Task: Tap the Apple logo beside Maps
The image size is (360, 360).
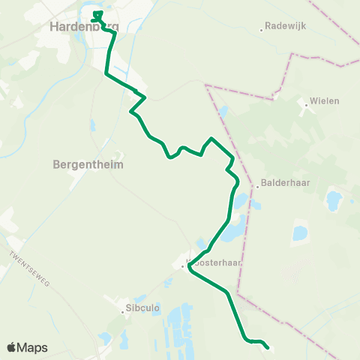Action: pyautogui.click(x=11, y=347)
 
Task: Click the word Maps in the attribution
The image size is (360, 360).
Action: pyautogui.click(x=33, y=347)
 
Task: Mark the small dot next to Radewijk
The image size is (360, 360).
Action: pyautogui.click(x=261, y=30)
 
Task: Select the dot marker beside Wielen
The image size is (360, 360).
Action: pyautogui.click(x=307, y=105)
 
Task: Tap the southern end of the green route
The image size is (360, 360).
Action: pyautogui.click(x=268, y=348)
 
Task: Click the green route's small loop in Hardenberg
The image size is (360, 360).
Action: pyautogui.click(x=97, y=15)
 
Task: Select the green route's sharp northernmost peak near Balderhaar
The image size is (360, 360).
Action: pyautogui.click(x=212, y=139)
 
